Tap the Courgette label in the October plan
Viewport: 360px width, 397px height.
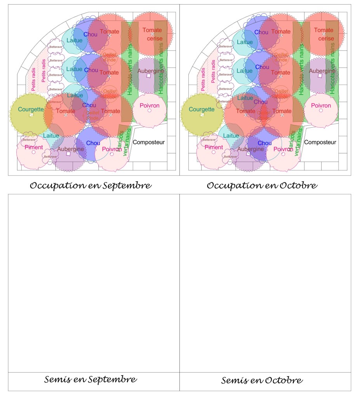[202, 109]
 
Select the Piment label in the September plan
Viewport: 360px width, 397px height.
[34, 147]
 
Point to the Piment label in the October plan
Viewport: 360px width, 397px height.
[214, 147]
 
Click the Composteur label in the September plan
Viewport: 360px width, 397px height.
[149, 142]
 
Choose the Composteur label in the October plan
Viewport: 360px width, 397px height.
[320, 142]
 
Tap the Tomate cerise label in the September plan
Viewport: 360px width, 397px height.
[152, 34]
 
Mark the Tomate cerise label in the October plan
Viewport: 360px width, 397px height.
[323, 34]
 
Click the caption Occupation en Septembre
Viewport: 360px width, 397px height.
[90, 185]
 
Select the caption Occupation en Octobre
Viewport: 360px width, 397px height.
[262, 185]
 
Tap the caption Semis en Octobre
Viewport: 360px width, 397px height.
[262, 380]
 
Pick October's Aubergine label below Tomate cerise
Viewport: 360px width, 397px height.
[322, 71]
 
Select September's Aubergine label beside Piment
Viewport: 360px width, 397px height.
[71, 149]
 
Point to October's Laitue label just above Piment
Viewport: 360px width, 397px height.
[232, 136]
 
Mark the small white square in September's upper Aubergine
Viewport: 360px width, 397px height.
[148, 76]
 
